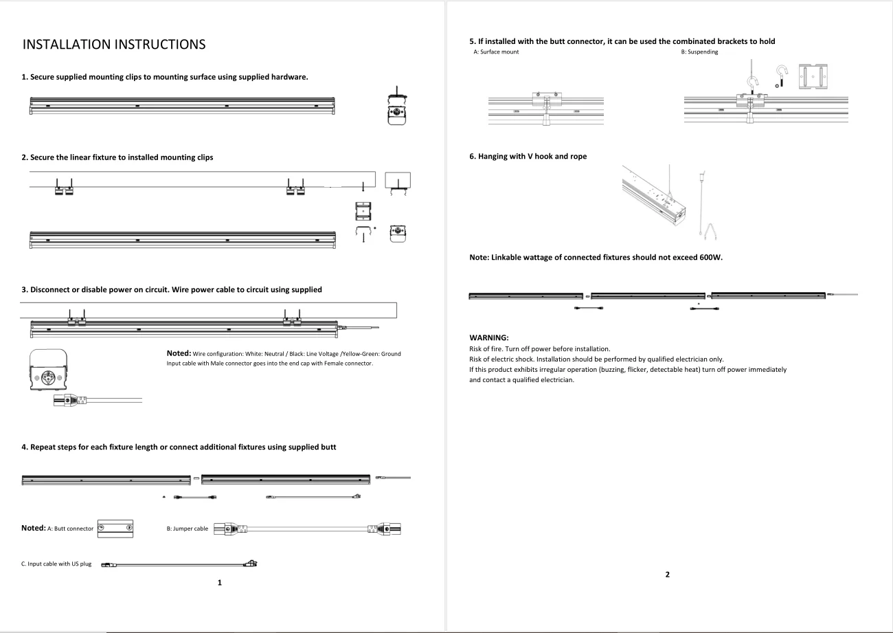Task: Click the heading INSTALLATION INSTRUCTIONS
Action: (x=114, y=45)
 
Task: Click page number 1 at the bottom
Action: (x=220, y=583)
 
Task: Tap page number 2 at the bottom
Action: (x=667, y=575)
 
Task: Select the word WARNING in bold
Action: (x=488, y=337)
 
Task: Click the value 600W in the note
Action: (x=710, y=258)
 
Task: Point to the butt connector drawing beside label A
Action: (x=115, y=528)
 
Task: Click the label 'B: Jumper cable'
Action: (x=188, y=529)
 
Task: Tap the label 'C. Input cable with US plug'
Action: (x=56, y=564)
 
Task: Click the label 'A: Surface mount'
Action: (x=496, y=52)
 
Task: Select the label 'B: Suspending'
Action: (x=699, y=52)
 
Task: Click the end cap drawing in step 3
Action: (x=48, y=370)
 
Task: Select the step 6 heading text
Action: (x=528, y=156)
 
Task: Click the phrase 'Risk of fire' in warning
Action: (x=486, y=349)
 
